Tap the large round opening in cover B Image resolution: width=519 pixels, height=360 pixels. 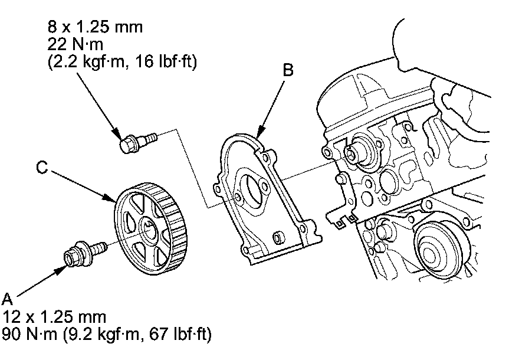(x=254, y=191)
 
